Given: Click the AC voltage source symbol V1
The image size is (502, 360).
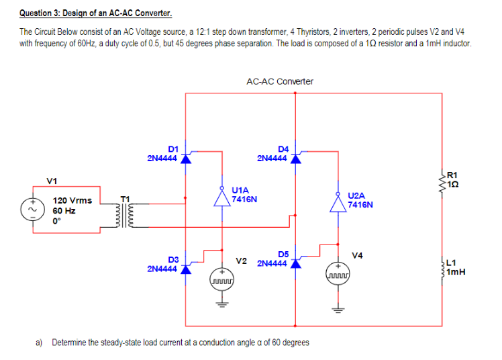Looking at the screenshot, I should tap(32, 208).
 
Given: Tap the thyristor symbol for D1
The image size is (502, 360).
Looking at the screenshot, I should tap(186, 159).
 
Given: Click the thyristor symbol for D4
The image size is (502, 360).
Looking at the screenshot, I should tap(294, 159).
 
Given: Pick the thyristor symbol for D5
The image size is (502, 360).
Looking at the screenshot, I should tap(294, 263).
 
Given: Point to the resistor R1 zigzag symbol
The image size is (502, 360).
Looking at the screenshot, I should tap(441, 180).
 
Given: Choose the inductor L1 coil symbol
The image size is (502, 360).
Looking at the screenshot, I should tap(441, 267).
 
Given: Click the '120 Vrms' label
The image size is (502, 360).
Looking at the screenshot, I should tap(72, 201).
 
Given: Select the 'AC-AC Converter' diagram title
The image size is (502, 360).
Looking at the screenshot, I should tap(279, 81).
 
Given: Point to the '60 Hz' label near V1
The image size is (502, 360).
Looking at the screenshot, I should tap(64, 210).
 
